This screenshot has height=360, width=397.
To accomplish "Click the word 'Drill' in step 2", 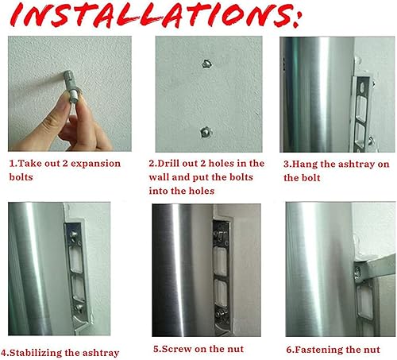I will click(181, 164).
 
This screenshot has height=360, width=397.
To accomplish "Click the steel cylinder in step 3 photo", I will click(314, 95).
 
